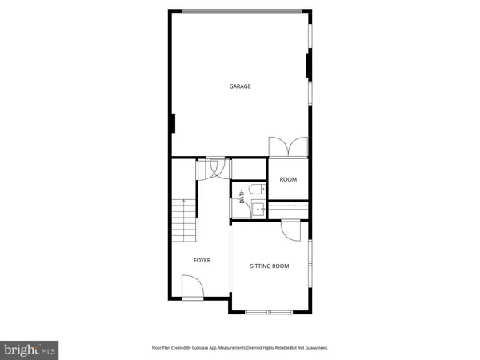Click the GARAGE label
click(240, 86)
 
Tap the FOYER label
click(202, 260)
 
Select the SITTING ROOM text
click(270, 266)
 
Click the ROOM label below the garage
click(288, 179)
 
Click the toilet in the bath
click(254, 190)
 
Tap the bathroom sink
click(258, 209)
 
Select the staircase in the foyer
click(183, 220)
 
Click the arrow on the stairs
click(183, 203)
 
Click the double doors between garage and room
click(287, 147)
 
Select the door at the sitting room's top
click(290, 229)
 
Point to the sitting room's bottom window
click(270, 311)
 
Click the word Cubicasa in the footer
click(210, 348)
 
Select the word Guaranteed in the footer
click(313, 348)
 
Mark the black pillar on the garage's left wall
click(171, 124)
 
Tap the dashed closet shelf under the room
click(287, 206)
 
